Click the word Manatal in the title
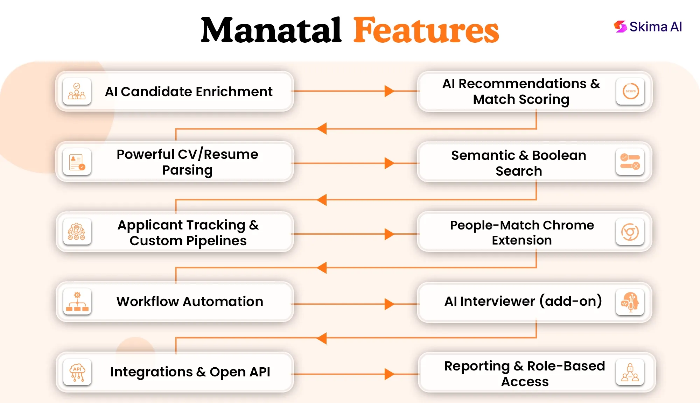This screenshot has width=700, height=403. tap(271, 30)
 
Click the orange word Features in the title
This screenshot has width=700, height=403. tap(426, 30)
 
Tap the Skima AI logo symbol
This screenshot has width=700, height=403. tap(620, 27)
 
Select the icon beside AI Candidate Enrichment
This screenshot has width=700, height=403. tap(77, 91)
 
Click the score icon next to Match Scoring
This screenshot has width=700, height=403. tap(630, 91)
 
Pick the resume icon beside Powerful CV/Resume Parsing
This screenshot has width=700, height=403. tap(77, 162)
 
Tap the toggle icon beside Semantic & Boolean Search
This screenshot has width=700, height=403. tap(630, 162)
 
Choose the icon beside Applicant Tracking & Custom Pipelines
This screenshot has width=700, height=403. tap(77, 232)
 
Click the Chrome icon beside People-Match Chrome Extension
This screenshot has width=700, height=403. tap(630, 232)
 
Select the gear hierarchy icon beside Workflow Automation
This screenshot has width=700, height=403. tap(77, 302)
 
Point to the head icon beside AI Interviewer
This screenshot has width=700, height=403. tap(630, 302)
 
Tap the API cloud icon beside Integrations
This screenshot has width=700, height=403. tap(77, 372)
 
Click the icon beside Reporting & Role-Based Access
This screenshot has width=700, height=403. tap(630, 372)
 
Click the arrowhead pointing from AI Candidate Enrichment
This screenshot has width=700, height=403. tap(389, 91)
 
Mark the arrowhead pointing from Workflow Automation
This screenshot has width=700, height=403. tap(389, 304)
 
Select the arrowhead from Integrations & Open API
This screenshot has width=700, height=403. tap(389, 374)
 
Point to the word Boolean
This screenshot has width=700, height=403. tap(559, 155)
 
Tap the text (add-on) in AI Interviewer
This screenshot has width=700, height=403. tap(570, 301)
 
